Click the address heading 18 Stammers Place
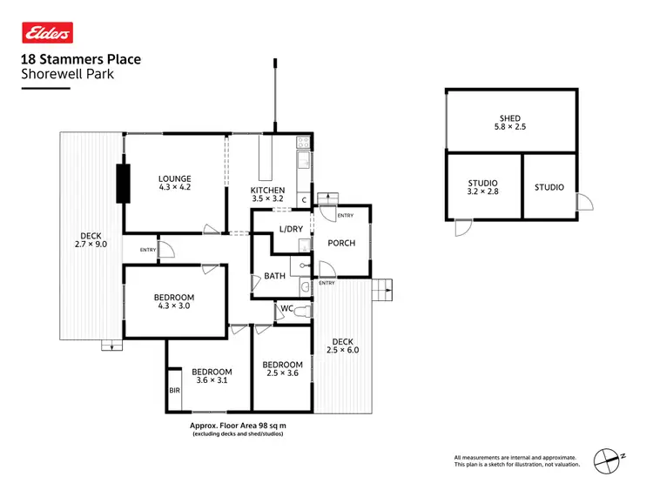80,60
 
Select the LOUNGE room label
174,179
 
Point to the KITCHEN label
267,190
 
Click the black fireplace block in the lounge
123,181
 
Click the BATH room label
275,277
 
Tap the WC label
286,308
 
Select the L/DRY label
290,230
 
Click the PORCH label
341,243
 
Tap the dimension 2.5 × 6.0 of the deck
341,350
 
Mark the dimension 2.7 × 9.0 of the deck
91,245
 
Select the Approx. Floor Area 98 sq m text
238,426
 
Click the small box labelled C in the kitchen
303,200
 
